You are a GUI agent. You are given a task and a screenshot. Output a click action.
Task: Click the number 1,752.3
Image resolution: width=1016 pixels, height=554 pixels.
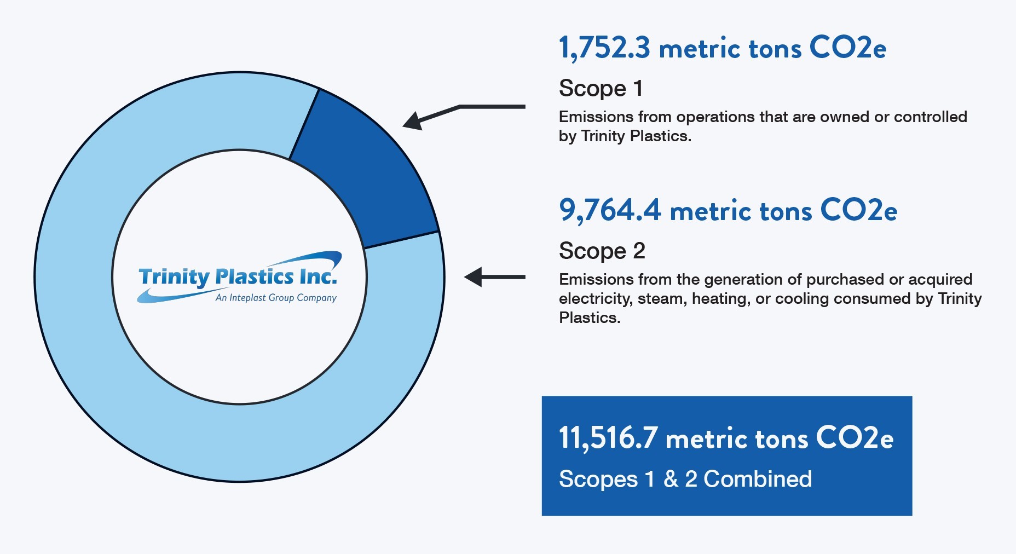[604, 48]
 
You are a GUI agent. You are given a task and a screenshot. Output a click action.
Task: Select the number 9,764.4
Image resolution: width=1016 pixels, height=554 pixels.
[610, 210]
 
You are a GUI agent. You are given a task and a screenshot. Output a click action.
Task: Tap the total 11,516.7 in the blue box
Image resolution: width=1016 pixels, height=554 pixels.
[608, 438]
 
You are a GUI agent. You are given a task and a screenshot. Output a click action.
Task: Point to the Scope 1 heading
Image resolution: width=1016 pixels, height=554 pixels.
[601, 88]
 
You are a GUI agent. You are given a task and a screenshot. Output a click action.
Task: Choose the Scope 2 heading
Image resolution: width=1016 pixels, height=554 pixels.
[602, 251]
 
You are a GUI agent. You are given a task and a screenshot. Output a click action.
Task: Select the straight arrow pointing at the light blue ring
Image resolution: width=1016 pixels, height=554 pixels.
[494, 277]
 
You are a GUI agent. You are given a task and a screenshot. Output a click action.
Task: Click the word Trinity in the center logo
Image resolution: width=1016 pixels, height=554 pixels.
[174, 277]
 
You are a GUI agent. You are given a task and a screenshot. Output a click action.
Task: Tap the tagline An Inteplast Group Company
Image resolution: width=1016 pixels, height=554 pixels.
[276, 298]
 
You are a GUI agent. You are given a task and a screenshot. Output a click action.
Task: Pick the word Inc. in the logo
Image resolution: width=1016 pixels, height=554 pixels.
[318, 276]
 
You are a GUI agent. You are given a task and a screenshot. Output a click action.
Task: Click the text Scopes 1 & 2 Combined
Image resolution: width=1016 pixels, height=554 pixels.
[685, 479]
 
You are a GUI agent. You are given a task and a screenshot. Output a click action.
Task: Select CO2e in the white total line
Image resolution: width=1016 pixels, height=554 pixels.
[855, 438]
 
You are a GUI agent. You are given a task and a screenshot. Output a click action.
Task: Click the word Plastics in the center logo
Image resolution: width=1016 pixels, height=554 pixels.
[255, 276]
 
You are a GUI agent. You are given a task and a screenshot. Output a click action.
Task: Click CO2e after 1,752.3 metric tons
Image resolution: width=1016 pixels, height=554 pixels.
[848, 48]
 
